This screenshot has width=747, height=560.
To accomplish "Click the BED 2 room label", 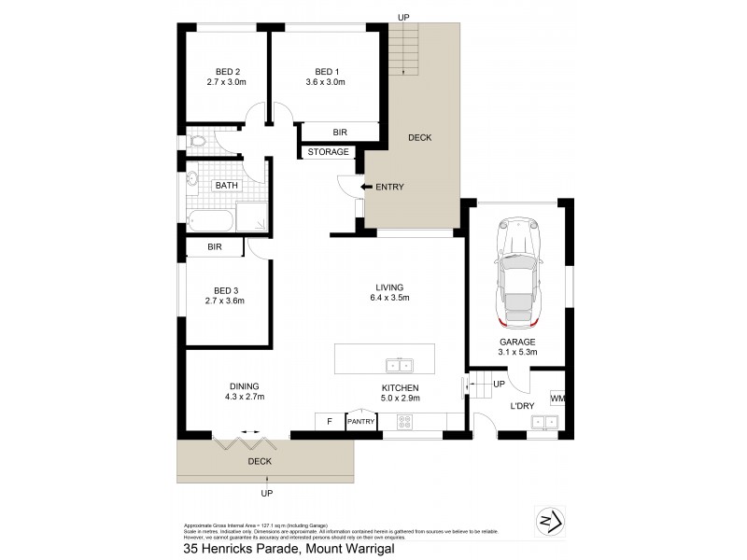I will click(228, 71).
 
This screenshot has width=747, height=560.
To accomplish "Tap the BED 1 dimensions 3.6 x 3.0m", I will click(325, 82).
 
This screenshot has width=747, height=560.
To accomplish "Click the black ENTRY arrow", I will click(366, 188).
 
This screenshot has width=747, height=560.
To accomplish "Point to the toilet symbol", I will click(196, 143).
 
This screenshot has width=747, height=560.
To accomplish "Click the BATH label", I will click(226, 186).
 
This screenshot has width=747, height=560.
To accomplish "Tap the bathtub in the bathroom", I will click(209, 221).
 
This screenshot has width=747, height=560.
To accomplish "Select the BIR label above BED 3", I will click(215, 247).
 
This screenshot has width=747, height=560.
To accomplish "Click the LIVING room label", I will click(389, 287).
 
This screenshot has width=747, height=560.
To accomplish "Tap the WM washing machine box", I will click(557, 399).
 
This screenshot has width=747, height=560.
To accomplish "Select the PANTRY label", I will click(360, 422).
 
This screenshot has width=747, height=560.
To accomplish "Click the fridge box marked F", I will click(329, 422).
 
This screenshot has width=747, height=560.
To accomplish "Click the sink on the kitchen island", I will click(399, 363).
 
